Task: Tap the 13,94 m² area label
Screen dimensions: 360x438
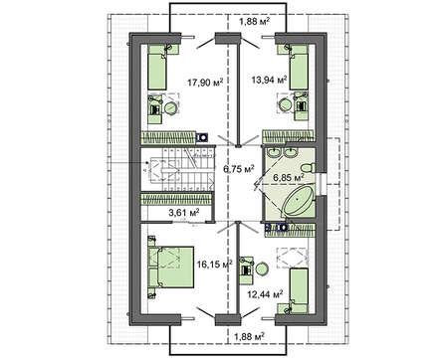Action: pyautogui.click(x=269, y=80)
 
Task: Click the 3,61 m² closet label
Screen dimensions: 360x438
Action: pyautogui.click(x=183, y=212)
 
